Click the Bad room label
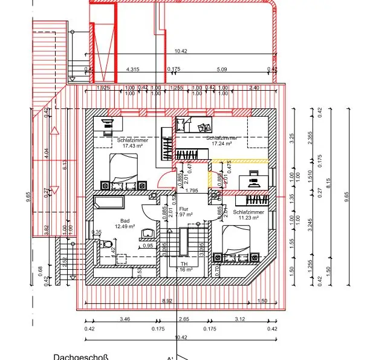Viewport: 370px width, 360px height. pyautogui.click(x=125, y=220)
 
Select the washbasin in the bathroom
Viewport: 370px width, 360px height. pyautogui.click(x=147, y=233)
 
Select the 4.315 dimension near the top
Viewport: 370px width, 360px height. pyautogui.click(x=132, y=70)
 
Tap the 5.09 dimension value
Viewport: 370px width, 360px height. pyautogui.click(x=221, y=70)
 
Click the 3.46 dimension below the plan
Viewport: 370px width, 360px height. pyautogui.click(x=125, y=318)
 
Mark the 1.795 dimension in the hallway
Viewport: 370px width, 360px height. pyautogui.click(x=192, y=191)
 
